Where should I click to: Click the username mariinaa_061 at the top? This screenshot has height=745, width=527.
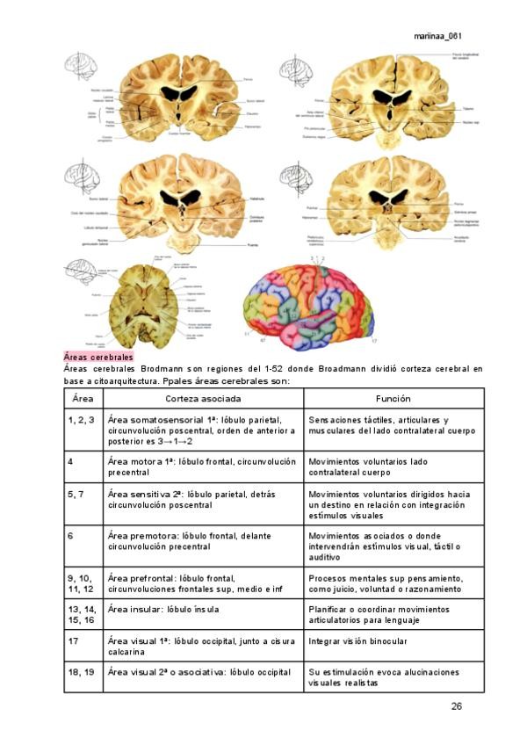tap(437, 36)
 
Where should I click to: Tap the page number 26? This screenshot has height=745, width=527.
tap(457, 706)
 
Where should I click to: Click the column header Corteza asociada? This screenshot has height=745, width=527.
tap(203, 399)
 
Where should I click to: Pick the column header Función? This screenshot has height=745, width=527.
tap(393, 399)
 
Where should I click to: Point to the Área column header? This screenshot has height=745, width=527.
tap(83, 399)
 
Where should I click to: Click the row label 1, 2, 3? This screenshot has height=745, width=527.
tap(81, 421)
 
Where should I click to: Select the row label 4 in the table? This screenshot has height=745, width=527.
tap(70, 460)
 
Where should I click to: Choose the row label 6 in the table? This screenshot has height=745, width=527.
tap(70, 535)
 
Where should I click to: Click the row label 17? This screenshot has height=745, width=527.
tap(73, 641)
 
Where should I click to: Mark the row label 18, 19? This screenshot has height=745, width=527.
tap(81, 672)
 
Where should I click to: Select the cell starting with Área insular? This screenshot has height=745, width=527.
tap(162, 609)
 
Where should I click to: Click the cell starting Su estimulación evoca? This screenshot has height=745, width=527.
tap(384, 677)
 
